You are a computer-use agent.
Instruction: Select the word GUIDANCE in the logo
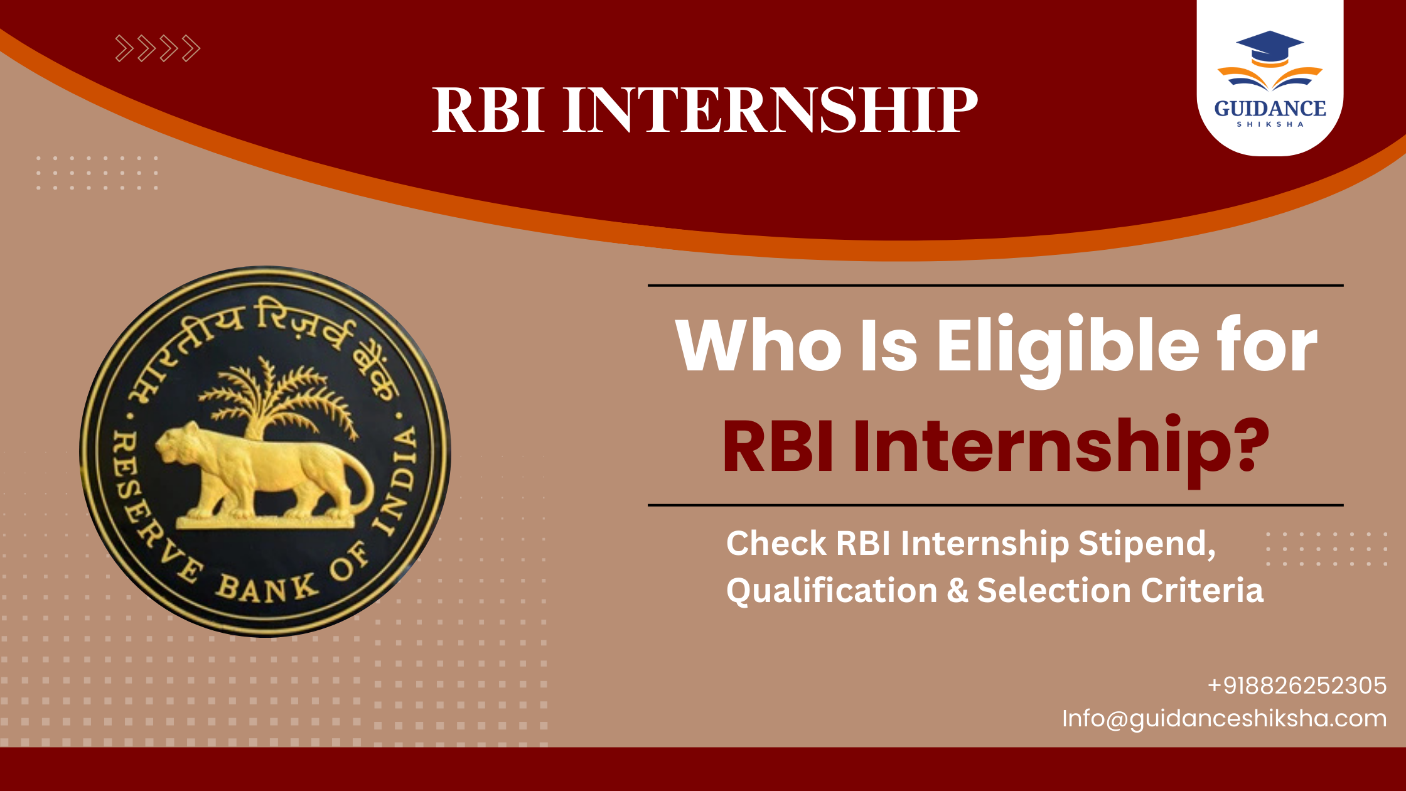[x=1270, y=109]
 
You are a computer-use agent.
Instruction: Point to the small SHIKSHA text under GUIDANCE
[x=1270, y=124]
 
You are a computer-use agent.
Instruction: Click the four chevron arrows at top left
[x=158, y=48]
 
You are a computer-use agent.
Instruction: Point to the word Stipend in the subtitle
[x=1146, y=543]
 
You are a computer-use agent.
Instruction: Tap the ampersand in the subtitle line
[x=957, y=591]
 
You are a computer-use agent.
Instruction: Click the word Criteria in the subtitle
[x=1201, y=590]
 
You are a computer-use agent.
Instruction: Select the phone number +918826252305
[x=1297, y=686]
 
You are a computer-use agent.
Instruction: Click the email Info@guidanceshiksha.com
[x=1224, y=718]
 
